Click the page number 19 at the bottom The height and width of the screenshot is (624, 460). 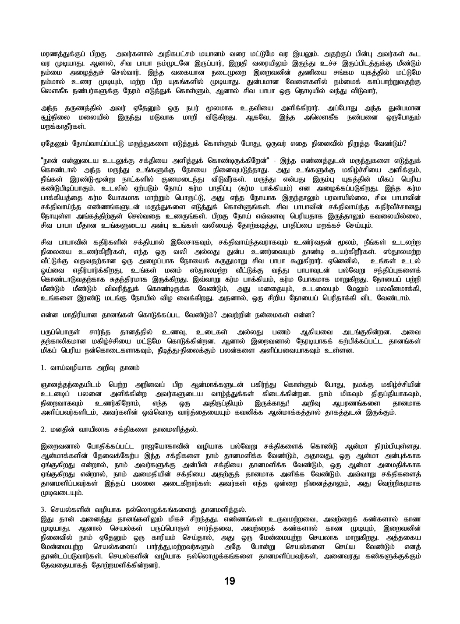230,581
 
